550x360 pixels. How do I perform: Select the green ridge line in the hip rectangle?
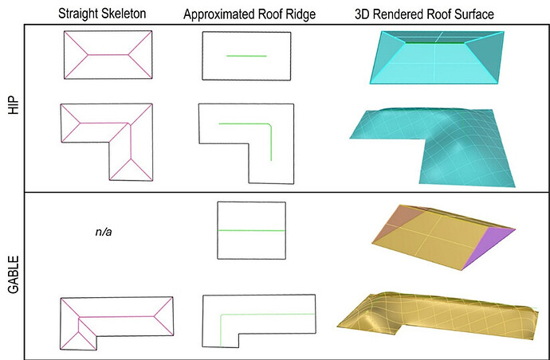[x=246, y=56]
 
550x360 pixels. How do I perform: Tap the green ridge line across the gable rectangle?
[x=251, y=230]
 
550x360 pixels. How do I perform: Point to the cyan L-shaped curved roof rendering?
[x=434, y=147]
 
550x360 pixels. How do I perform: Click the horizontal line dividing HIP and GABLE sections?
[x=279, y=191]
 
